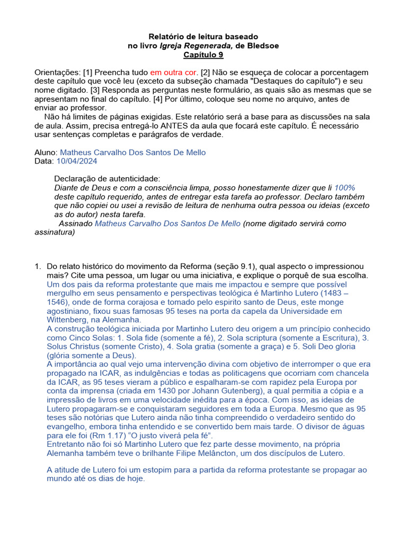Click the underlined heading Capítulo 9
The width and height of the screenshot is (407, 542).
[203, 55]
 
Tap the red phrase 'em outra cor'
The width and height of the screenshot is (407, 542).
[173, 72]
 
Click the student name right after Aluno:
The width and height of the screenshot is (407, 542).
[132, 152]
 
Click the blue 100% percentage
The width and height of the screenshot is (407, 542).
[344, 187]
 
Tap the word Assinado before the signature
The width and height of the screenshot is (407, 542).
[75, 223]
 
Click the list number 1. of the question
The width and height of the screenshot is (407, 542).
[38, 266]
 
